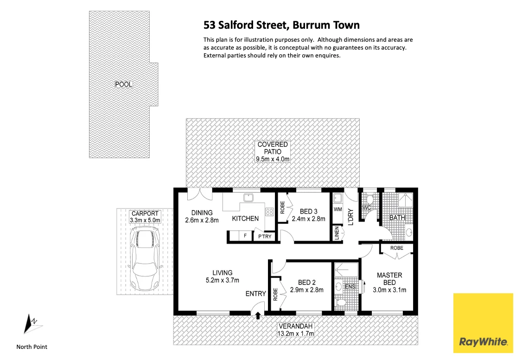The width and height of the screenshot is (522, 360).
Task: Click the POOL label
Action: pos(124,84)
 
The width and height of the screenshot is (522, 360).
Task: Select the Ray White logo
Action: pos(483,322)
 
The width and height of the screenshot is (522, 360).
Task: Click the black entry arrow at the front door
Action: pos(258,316)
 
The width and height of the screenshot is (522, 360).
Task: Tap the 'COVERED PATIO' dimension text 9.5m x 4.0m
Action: pos(273,159)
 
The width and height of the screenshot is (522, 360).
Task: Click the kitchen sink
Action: pos(249,198)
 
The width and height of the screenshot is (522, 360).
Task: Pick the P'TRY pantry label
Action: pos(265,237)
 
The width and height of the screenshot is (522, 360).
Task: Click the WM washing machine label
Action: pos(337,210)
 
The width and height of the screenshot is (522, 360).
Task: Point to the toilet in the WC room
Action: pos(369,200)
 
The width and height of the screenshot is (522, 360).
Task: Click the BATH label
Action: pos(397,217)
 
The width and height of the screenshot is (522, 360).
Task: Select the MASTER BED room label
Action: pos(389,279)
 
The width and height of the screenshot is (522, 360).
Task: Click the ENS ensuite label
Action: pos(350,287)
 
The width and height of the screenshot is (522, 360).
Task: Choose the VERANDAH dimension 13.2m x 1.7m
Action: pos(295,333)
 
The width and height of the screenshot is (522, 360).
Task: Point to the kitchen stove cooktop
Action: pos(269,212)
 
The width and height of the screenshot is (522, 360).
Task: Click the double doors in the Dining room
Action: pos(200,195)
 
